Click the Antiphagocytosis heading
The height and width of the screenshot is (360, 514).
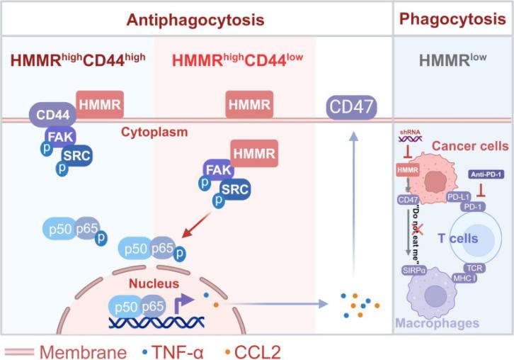pyautogui.click(x=195, y=19)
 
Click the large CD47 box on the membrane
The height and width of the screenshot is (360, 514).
pyautogui.click(x=351, y=108)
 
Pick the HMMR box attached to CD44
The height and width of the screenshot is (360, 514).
pyautogui.click(x=99, y=106)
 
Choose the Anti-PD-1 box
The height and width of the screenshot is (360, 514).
pyautogui.click(x=485, y=174)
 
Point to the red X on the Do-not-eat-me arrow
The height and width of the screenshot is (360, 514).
pyautogui.click(x=418, y=228)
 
